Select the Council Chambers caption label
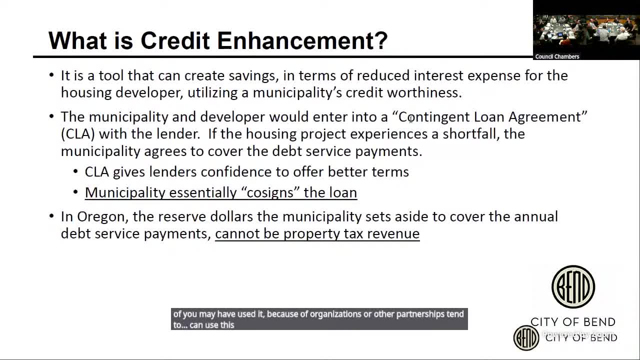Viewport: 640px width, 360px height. click(557, 56)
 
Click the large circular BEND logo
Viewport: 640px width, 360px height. click(573, 287)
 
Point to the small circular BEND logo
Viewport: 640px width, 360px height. click(526, 337)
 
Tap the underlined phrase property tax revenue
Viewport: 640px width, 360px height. click(351, 233)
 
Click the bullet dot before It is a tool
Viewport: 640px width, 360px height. click(52, 75)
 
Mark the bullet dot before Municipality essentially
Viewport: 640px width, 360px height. click(76, 192)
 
